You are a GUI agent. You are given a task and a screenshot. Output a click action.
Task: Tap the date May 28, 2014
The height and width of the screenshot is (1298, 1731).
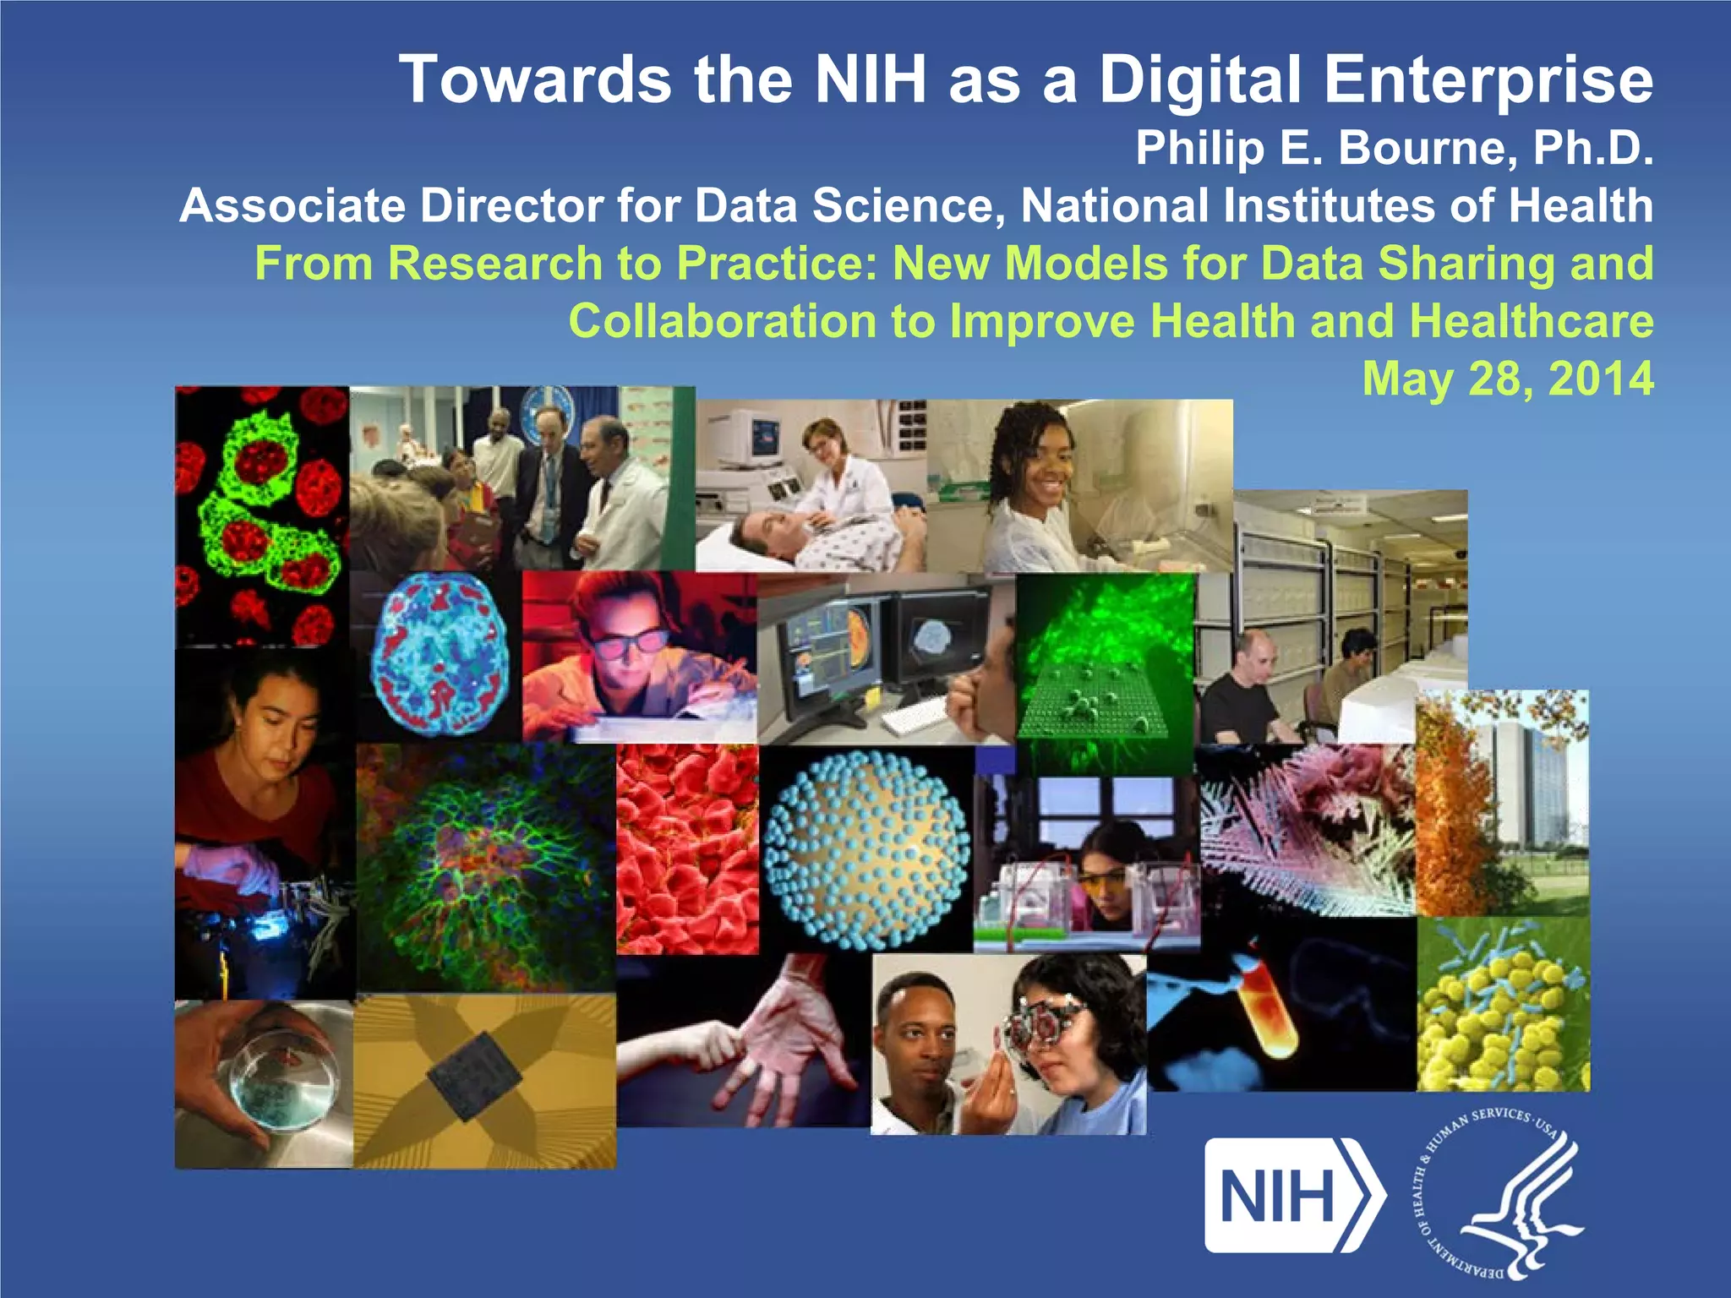click(1507, 379)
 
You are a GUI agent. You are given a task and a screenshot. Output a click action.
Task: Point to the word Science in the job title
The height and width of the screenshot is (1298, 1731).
click(909, 206)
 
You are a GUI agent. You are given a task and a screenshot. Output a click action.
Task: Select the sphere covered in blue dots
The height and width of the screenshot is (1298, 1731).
click(866, 849)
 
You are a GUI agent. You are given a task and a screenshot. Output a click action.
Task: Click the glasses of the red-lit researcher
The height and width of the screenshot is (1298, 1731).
click(627, 644)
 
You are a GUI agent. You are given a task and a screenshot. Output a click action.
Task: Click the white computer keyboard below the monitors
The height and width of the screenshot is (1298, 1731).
click(917, 718)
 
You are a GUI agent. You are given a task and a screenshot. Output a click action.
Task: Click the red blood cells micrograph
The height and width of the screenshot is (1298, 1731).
click(686, 849)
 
